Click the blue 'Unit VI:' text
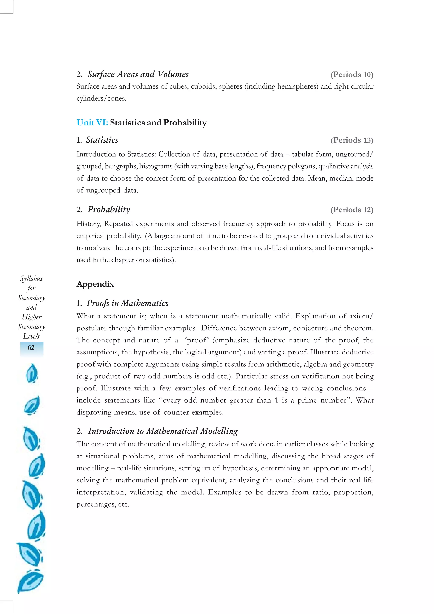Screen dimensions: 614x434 tap(92, 122)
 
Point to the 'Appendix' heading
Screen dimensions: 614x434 tap(95, 284)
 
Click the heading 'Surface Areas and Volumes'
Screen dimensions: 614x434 tap(138, 74)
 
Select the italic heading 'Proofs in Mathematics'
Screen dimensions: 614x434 tap(127, 303)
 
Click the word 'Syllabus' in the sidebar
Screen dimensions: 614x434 tap(31, 279)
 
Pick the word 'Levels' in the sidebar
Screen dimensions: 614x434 tap(31, 336)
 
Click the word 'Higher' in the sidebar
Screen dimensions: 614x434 tap(32, 317)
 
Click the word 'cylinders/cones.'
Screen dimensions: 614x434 tap(101, 98)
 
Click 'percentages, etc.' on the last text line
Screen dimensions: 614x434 tap(103, 504)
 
